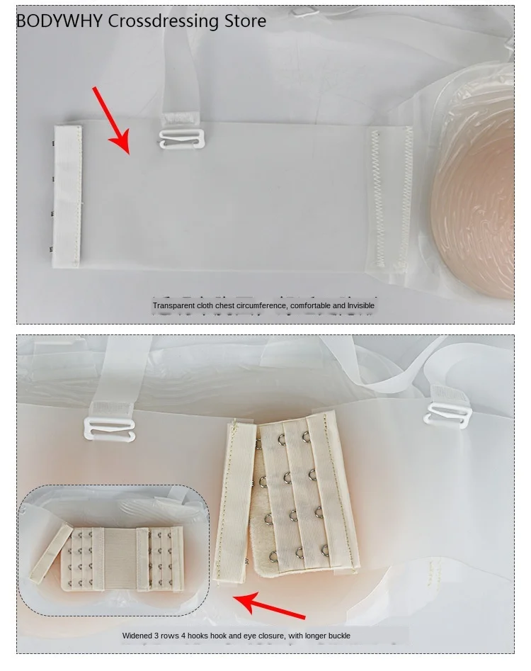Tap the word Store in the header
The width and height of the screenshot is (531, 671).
click(x=246, y=21)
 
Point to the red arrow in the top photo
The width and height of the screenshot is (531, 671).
click(x=111, y=120)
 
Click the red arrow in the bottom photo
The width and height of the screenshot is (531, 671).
click(x=269, y=605)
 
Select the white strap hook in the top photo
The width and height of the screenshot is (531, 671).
click(x=182, y=138)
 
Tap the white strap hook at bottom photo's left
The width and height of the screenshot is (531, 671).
click(x=110, y=429)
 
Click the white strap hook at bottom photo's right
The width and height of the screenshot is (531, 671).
click(x=447, y=415)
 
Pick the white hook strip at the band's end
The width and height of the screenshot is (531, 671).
click(x=67, y=196)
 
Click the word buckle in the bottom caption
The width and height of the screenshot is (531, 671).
click(x=338, y=636)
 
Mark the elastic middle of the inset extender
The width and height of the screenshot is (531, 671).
click(x=120, y=559)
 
